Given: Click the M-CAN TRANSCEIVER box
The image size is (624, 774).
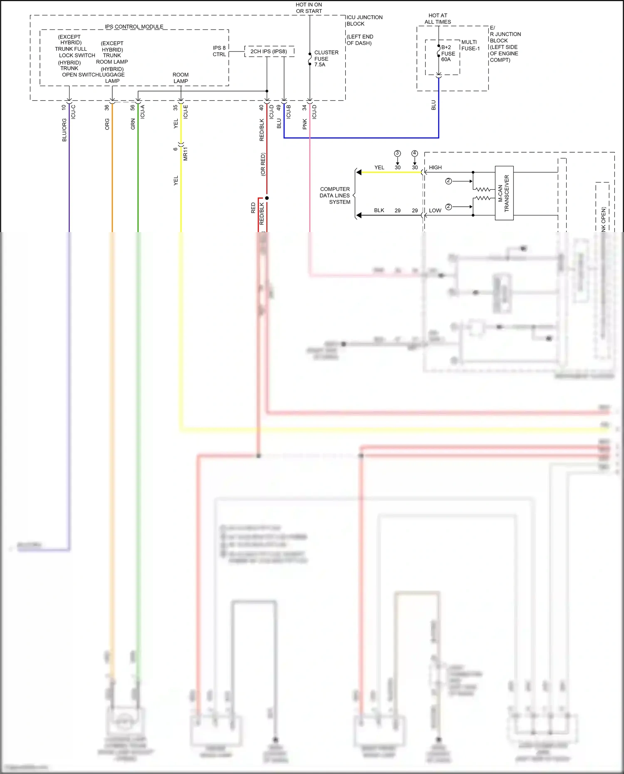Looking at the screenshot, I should [504, 193].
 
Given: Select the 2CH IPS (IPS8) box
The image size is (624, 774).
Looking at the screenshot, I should [269, 52].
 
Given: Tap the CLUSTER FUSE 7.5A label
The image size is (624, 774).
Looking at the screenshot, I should [326, 59].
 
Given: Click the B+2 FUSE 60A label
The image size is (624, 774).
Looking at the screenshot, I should [448, 53].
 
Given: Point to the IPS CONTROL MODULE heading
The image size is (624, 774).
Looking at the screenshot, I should [134, 27].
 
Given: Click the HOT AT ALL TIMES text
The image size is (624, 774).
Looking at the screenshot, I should [438, 19].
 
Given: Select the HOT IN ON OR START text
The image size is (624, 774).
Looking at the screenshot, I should [309, 8].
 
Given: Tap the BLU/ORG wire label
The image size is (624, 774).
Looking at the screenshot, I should [64, 130].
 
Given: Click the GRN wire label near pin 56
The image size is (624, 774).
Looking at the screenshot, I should [133, 124].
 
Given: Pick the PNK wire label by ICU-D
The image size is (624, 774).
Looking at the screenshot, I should [305, 124].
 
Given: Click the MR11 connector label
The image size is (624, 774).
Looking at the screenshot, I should [186, 153].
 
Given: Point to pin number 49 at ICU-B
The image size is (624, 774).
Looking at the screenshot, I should [278, 108].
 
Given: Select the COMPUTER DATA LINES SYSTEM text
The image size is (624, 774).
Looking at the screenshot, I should [335, 195].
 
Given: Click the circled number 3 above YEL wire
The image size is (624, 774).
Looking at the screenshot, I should [397, 153].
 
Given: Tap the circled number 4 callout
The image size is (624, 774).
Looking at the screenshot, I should [414, 153].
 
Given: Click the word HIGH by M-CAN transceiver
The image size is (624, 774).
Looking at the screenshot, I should [435, 168].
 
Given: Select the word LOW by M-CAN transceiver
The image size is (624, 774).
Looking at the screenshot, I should [435, 210].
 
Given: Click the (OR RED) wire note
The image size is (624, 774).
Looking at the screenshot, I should [262, 164].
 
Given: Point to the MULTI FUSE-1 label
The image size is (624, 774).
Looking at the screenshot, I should [470, 45].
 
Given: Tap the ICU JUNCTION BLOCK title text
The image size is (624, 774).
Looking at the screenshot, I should [364, 20].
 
